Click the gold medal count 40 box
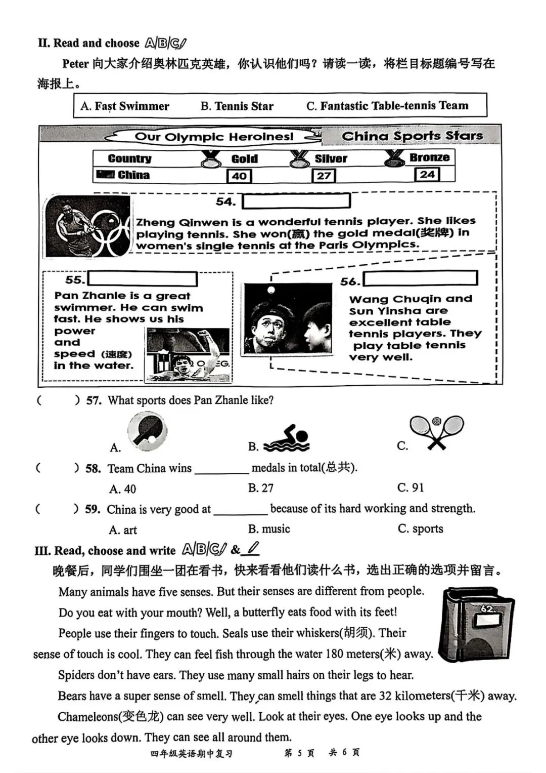click(239, 176)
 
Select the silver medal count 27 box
click(324, 176)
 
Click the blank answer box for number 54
click(296, 201)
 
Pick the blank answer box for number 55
click(143, 279)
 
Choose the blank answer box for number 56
click(420, 278)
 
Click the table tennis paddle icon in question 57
click(147, 432)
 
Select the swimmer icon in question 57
click(287, 438)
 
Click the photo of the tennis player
click(87, 226)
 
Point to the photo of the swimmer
click(188, 354)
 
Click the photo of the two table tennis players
click(288, 319)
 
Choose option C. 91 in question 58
click(411, 487)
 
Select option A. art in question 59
click(123, 530)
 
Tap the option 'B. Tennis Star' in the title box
click(237, 106)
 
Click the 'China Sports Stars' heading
click(412, 136)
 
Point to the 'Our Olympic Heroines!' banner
click(214, 137)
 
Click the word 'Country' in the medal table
click(129, 158)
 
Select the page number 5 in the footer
click(299, 753)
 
